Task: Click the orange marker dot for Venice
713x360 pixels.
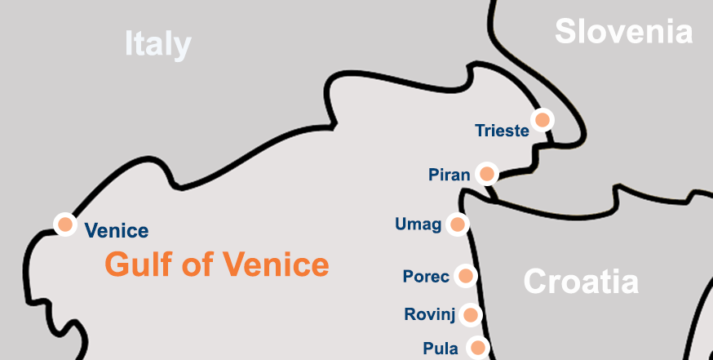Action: (x=64, y=223)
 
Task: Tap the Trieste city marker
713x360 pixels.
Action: (x=542, y=119)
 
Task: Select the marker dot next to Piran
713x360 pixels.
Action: (x=487, y=173)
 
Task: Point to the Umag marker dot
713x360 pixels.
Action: (x=458, y=224)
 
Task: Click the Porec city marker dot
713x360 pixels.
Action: (x=466, y=276)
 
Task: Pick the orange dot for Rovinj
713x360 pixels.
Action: (x=470, y=314)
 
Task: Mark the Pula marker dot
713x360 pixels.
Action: (x=476, y=348)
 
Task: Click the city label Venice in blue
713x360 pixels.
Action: (x=117, y=231)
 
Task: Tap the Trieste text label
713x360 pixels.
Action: (x=502, y=131)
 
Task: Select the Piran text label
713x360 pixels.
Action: (x=449, y=175)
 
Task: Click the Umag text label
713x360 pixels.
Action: (x=418, y=224)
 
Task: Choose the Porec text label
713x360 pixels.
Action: (x=426, y=277)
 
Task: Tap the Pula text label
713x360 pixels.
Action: (x=441, y=349)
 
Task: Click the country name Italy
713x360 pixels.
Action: (x=157, y=43)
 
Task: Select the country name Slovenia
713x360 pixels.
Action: (x=623, y=32)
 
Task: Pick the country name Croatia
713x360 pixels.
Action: (x=580, y=282)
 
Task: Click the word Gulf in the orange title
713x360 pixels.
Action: (x=135, y=264)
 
